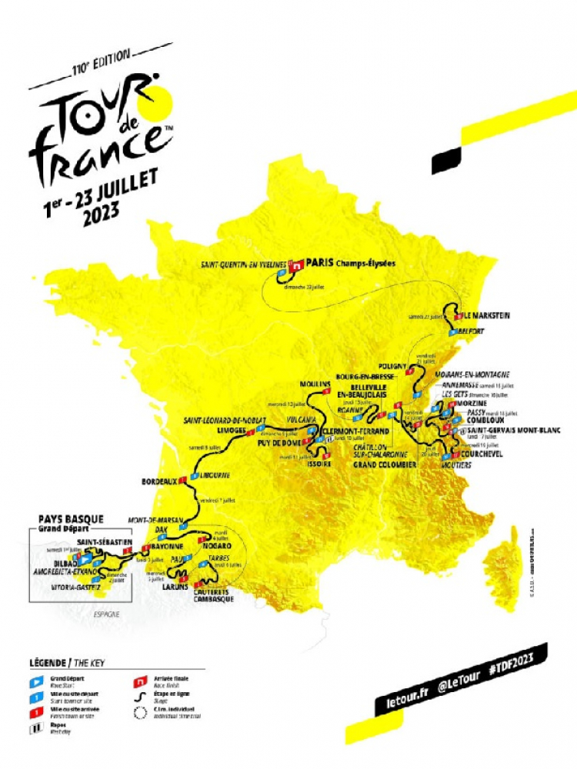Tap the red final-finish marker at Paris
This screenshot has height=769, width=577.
(x=293, y=264)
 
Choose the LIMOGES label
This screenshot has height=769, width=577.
(x=235, y=431)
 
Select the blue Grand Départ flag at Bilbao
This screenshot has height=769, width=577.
(x=77, y=558)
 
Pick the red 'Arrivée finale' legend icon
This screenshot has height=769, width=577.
(x=141, y=681)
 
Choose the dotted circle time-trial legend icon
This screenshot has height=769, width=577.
(x=141, y=711)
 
